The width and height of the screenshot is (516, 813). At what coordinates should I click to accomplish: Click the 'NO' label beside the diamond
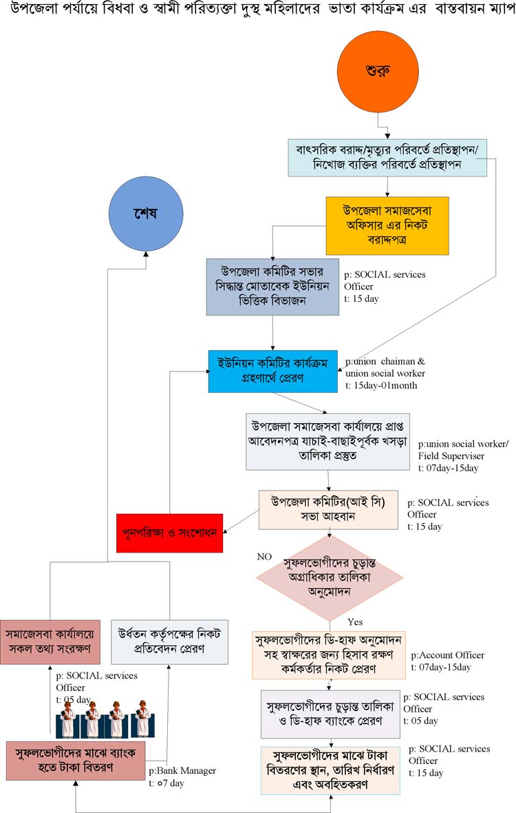coord(265,555)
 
